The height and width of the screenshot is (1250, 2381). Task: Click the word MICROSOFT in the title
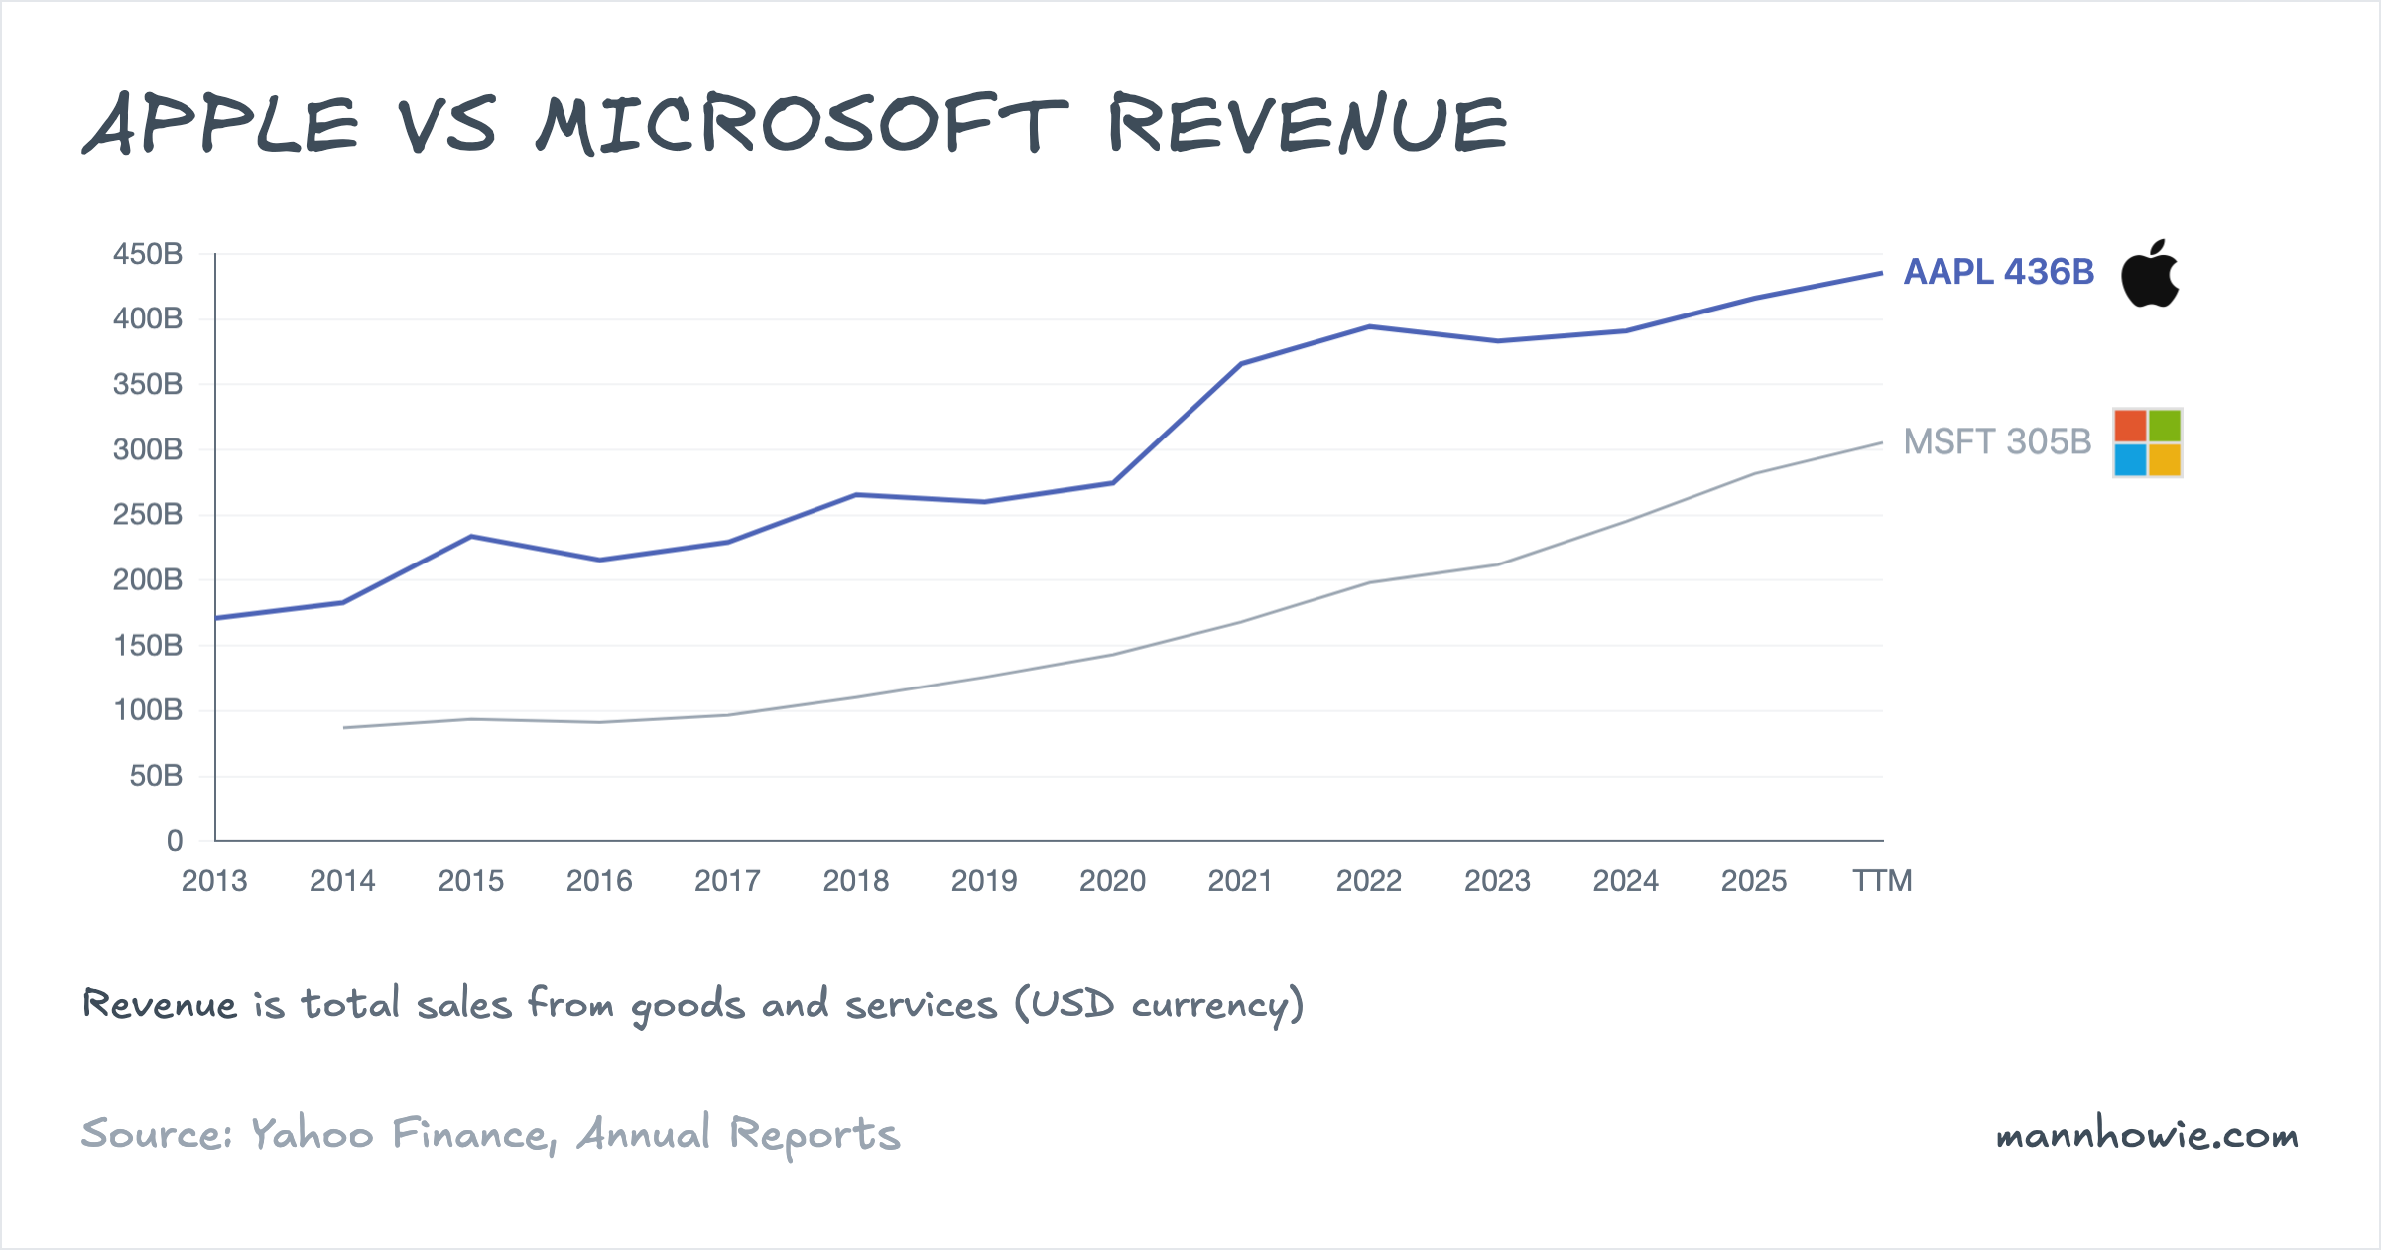pos(802,125)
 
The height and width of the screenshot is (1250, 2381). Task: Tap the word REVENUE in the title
pos(1308,125)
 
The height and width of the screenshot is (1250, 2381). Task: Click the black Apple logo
pos(2149,274)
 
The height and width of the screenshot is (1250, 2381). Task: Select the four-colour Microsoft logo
pos(2147,442)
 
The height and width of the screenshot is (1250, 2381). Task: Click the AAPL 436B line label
pos(1998,272)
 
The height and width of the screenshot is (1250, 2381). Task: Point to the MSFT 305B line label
pos(1996,441)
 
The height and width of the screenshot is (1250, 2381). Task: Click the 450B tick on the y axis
pos(148,254)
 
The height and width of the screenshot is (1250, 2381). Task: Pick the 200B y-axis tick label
pos(148,579)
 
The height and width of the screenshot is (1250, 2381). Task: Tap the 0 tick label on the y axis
pos(175,841)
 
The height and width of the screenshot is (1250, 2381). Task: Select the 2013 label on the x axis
pos(214,881)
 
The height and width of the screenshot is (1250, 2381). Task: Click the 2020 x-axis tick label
pos(1112,881)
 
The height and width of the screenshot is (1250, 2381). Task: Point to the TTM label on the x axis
pos(1882,881)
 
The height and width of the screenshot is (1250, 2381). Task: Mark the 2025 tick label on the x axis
pos(1754,881)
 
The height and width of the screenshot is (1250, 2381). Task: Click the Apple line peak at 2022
pos(1369,326)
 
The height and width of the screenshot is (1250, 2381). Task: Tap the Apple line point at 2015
pos(471,537)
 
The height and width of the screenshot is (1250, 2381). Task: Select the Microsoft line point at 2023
pos(1497,565)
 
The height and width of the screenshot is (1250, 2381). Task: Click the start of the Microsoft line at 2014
pos(344,728)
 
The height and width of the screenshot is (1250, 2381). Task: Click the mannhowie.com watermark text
pos(2147,1135)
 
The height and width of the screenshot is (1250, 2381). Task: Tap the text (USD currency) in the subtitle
pos(1159,1005)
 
